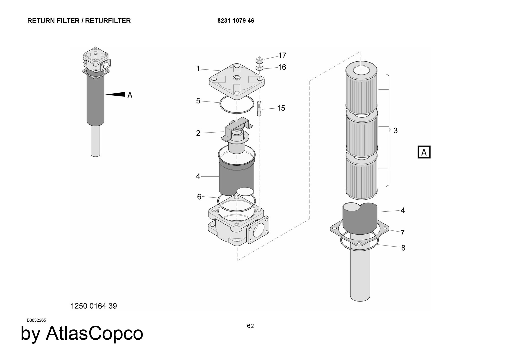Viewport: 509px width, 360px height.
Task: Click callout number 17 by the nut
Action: [x=282, y=55]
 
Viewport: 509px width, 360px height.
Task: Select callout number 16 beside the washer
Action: [x=282, y=67]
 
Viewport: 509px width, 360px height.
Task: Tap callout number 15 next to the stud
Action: [x=281, y=108]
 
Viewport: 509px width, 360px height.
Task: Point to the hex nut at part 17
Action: [x=259, y=60]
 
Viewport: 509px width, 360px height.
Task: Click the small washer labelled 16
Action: [x=259, y=68]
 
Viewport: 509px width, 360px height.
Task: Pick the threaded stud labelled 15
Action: [x=259, y=109]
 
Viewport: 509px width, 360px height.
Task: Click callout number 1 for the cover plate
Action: [x=198, y=69]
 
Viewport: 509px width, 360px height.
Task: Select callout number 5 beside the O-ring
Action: [x=198, y=101]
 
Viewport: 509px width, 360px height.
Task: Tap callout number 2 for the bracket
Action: [x=198, y=133]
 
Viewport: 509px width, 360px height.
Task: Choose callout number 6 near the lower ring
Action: [x=199, y=197]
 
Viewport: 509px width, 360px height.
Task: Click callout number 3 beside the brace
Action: [x=395, y=131]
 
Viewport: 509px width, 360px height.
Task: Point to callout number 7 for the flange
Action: [x=402, y=233]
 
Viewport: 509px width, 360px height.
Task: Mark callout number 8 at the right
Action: [x=403, y=248]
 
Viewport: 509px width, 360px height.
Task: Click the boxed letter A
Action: [x=424, y=152]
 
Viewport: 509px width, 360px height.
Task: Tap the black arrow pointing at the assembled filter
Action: [x=116, y=94]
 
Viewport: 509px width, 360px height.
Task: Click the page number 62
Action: [x=250, y=326]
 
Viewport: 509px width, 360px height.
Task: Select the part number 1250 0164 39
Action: [x=94, y=306]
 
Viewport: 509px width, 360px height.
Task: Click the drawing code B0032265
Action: [x=36, y=320]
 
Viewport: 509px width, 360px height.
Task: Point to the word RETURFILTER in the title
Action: [x=108, y=21]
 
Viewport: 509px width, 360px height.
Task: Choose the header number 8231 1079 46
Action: [x=236, y=21]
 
